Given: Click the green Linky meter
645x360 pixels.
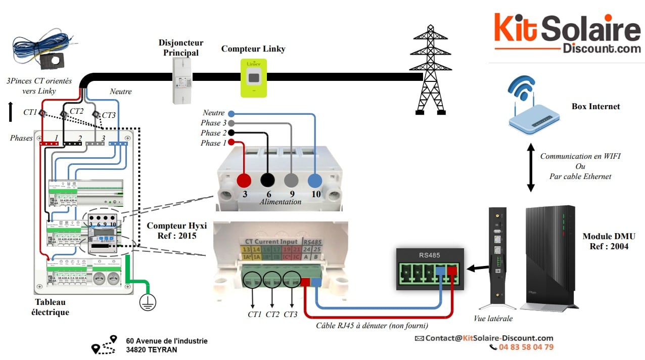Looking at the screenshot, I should tap(253, 77).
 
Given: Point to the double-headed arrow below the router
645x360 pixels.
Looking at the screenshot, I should tap(530, 167).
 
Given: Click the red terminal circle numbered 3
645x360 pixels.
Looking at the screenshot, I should tap(244, 181).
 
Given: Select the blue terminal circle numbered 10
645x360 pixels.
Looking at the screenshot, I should tap(315, 181).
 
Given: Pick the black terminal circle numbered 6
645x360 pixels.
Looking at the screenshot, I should tap(267, 181).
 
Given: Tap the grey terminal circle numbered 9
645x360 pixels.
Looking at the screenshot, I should tap(292, 181).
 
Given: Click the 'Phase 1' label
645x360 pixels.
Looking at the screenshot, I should tap(211, 143).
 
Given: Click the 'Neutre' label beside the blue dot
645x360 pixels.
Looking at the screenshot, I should tap(213, 113).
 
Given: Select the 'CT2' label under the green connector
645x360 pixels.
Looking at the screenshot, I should tap(272, 314).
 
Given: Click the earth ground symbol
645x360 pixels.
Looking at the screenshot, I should tap(148, 302).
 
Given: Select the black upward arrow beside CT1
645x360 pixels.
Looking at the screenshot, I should tap(11, 112).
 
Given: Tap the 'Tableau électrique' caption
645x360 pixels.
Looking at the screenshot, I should tap(50, 307).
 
